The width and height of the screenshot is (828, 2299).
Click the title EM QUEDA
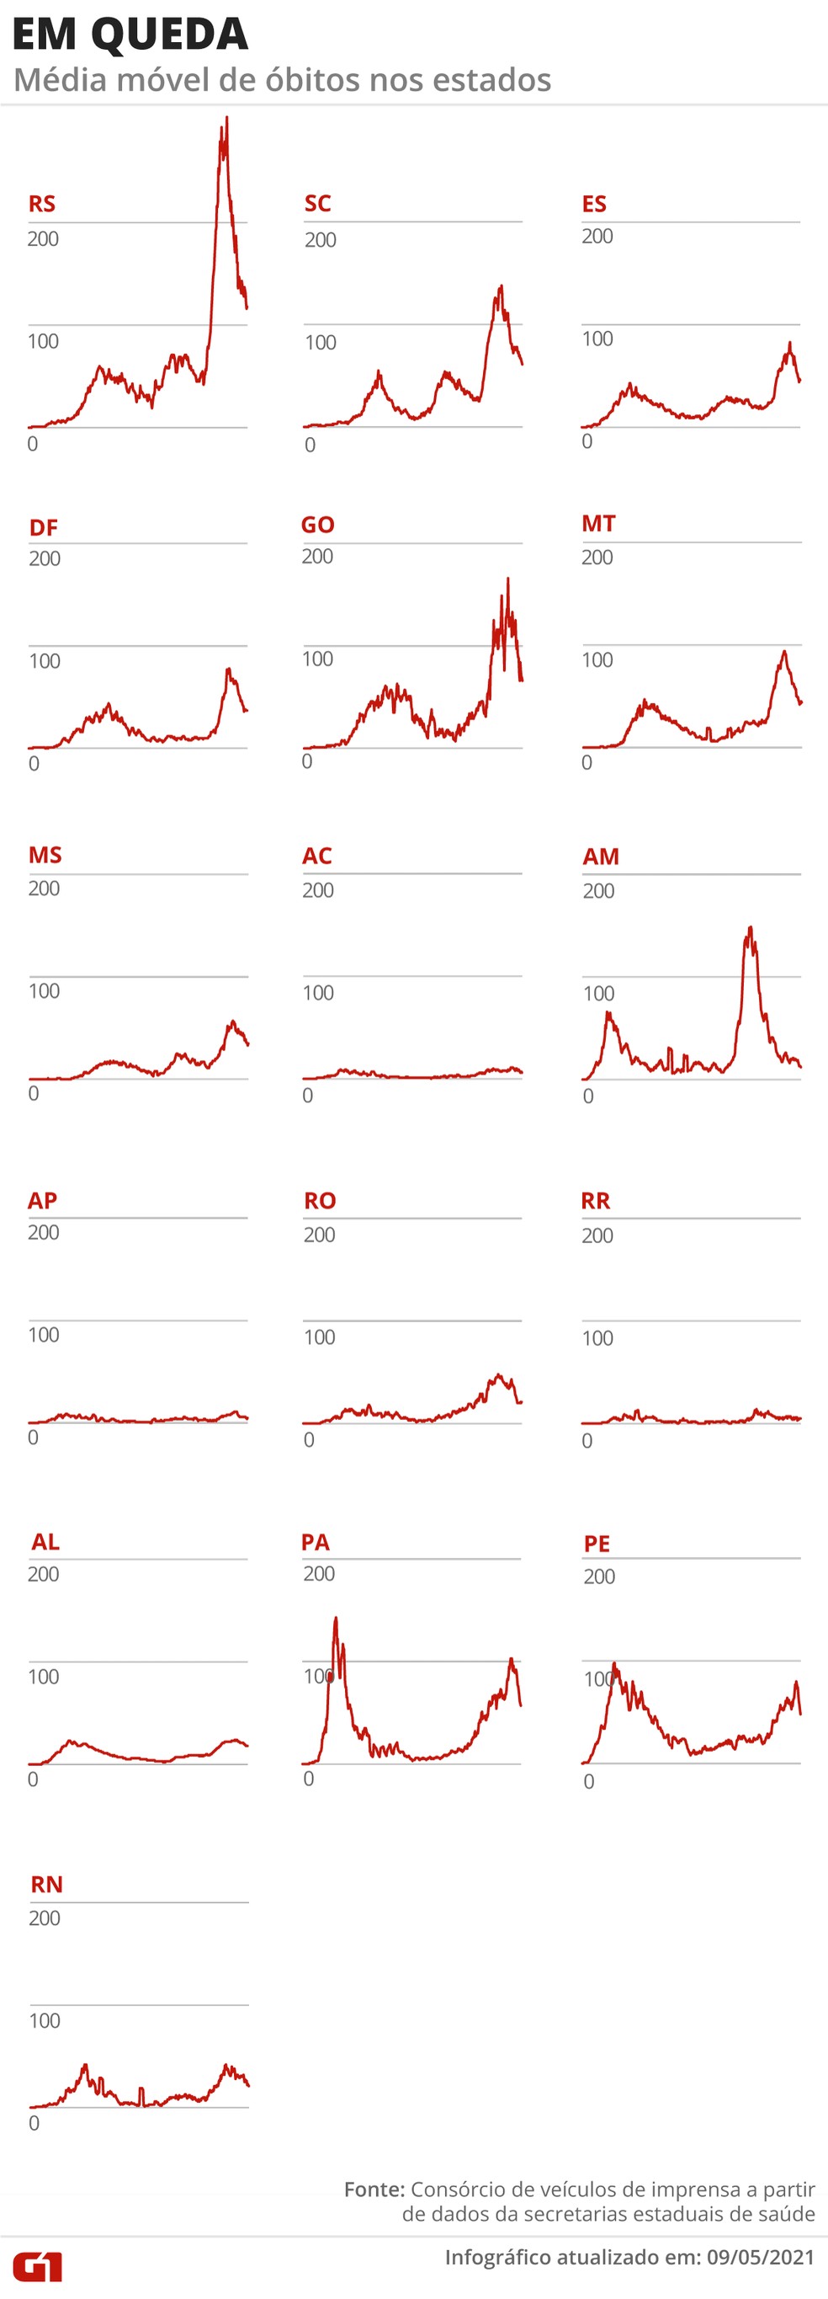click(x=130, y=34)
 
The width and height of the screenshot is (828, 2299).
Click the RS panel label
click(x=42, y=204)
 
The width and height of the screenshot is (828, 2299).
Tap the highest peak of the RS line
click(x=226, y=118)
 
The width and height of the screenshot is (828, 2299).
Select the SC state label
click(x=317, y=204)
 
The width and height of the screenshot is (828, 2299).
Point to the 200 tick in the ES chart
click(x=597, y=237)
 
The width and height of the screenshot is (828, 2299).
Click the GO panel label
click(x=317, y=525)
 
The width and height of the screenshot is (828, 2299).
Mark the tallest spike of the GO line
click(x=507, y=580)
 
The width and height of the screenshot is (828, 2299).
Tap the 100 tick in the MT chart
click(x=597, y=659)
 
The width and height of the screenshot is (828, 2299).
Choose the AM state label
click(x=601, y=856)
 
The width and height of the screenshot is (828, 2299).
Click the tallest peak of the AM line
click(x=751, y=928)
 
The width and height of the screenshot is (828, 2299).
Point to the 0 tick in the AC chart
click(x=308, y=1095)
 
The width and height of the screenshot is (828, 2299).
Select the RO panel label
click(x=320, y=1201)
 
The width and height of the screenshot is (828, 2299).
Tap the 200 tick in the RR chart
click(x=597, y=1236)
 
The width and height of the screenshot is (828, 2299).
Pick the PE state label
click(x=597, y=1544)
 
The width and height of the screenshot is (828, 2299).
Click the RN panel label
click(x=46, y=1885)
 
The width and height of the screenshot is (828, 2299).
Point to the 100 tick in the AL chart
click(x=44, y=1677)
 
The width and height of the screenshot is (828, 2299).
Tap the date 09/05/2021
click(x=761, y=2257)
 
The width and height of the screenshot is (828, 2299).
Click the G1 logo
click(x=38, y=2268)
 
